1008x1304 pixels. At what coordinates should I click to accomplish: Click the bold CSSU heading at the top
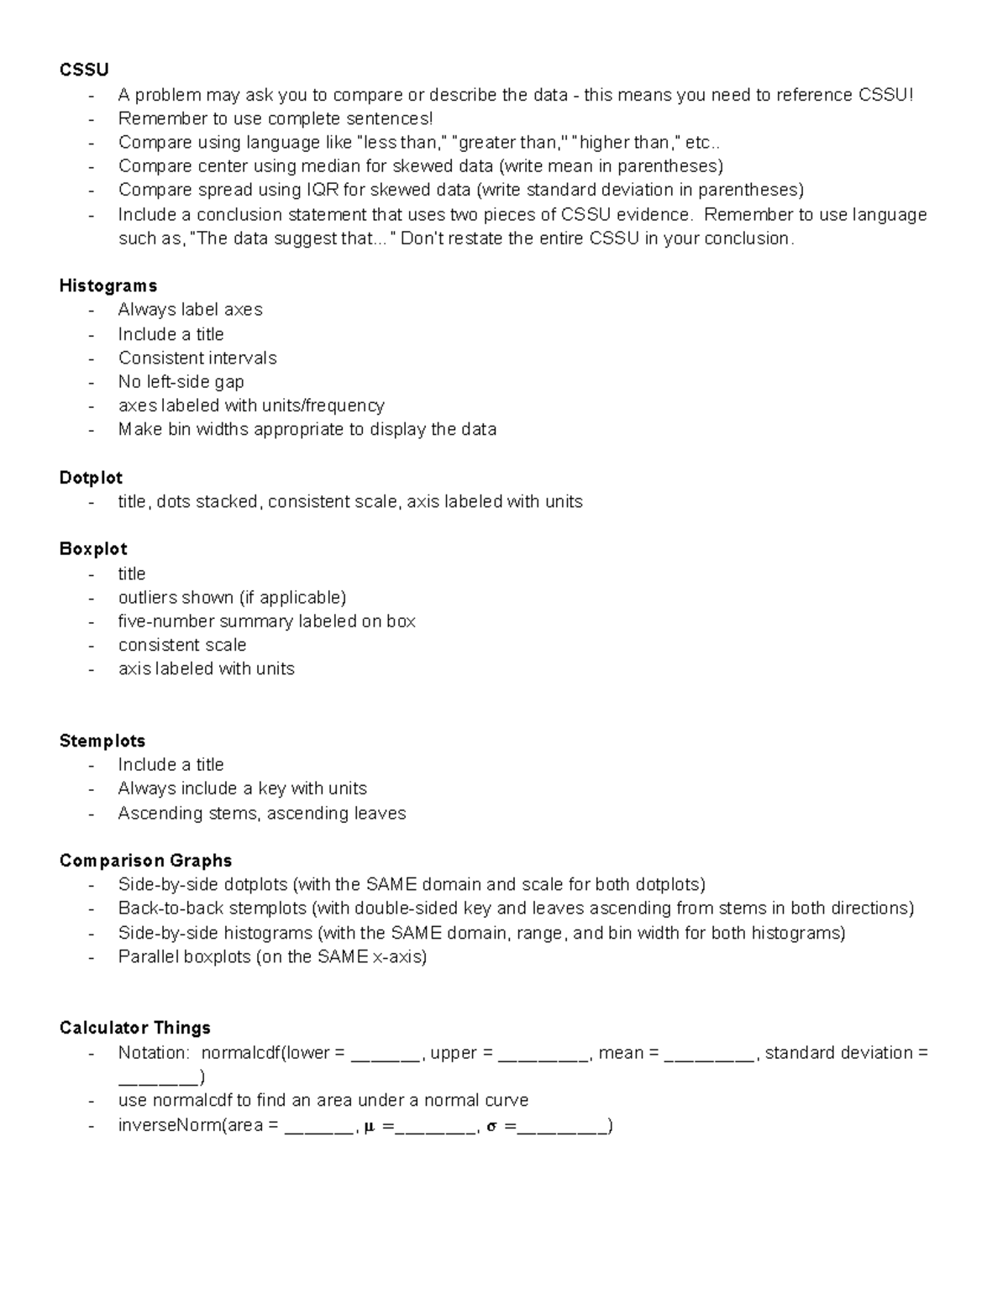[84, 70]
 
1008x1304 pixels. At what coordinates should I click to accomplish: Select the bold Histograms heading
[108, 285]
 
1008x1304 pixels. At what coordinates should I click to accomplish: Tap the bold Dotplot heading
[91, 478]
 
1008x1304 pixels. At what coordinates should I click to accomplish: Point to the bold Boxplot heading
[93, 549]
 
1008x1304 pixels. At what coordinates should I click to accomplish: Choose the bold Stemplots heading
[102, 741]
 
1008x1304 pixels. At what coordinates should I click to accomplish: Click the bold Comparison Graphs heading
[145, 861]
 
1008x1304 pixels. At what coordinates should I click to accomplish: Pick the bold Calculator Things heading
[135, 1028]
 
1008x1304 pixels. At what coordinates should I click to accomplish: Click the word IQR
[323, 190]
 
